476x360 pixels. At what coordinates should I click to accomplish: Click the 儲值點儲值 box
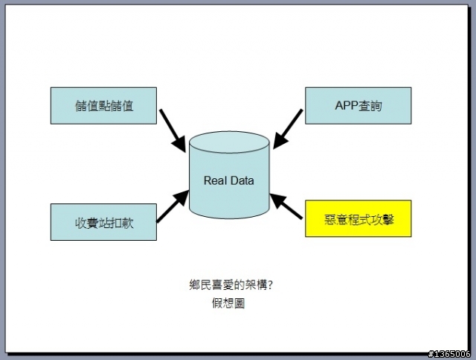pos(103,106)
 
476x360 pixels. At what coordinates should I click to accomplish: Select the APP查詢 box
pos(358,106)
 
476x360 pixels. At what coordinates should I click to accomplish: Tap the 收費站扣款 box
pos(103,222)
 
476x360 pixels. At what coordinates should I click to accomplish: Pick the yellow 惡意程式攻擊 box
pos(358,218)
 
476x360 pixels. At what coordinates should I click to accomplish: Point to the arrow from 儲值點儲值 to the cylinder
pos(173,130)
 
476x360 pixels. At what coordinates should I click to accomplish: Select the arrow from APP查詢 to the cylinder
pos(288,129)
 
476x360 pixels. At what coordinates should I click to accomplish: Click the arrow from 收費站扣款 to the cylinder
pos(173,206)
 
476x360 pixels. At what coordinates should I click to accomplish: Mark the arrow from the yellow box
pos(286,206)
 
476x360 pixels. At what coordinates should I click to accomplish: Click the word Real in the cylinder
pos(215,180)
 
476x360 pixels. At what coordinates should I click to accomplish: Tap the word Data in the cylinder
pos(242,180)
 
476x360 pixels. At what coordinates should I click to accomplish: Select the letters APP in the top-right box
pos(347,106)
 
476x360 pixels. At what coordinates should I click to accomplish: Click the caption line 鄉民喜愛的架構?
pos(231,285)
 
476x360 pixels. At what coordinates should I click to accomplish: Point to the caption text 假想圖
pos(228,303)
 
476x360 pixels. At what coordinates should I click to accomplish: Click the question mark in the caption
pos(270,285)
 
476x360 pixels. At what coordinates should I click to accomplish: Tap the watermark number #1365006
pos(449,354)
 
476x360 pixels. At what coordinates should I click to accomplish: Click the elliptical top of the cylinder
pos(229,142)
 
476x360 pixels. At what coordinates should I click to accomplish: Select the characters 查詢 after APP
pos(370,106)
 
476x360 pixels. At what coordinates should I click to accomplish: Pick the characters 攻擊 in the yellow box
pos(383,220)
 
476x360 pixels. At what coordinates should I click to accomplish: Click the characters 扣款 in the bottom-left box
pos(122,223)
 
